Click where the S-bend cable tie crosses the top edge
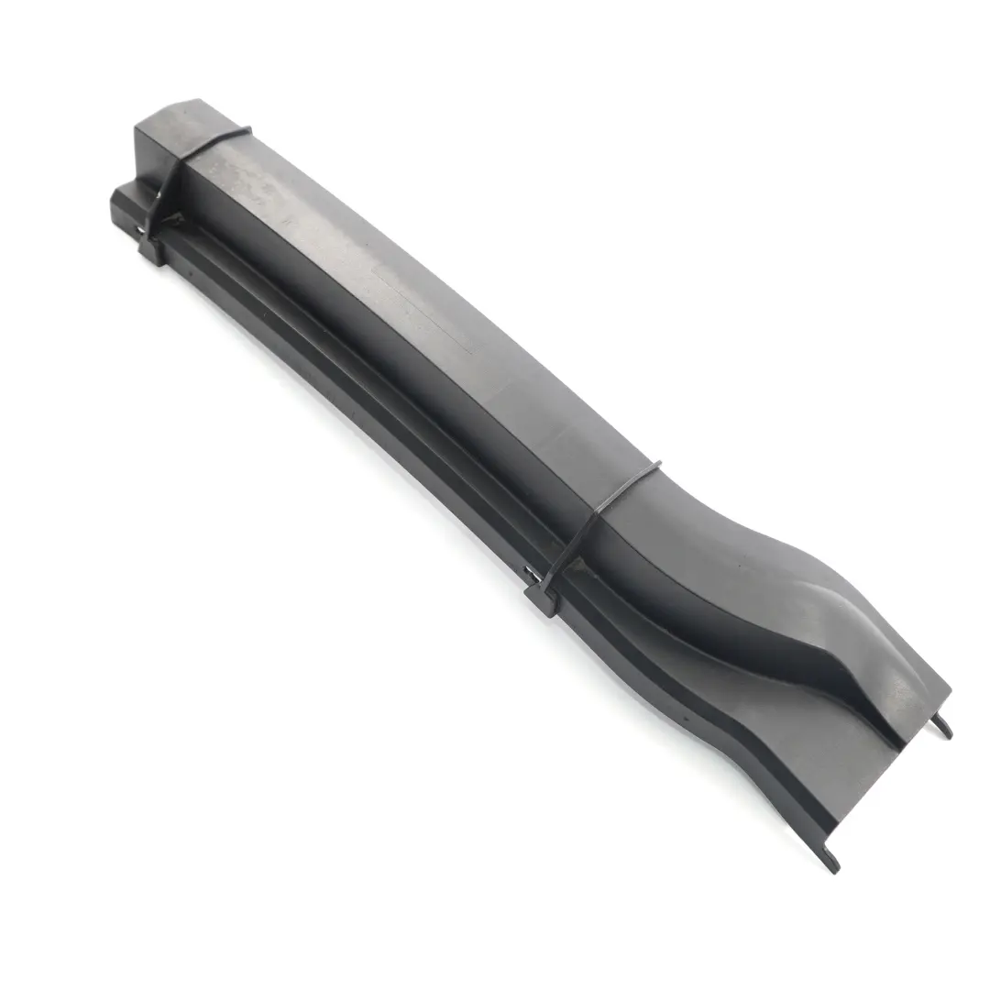(x=653, y=467)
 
